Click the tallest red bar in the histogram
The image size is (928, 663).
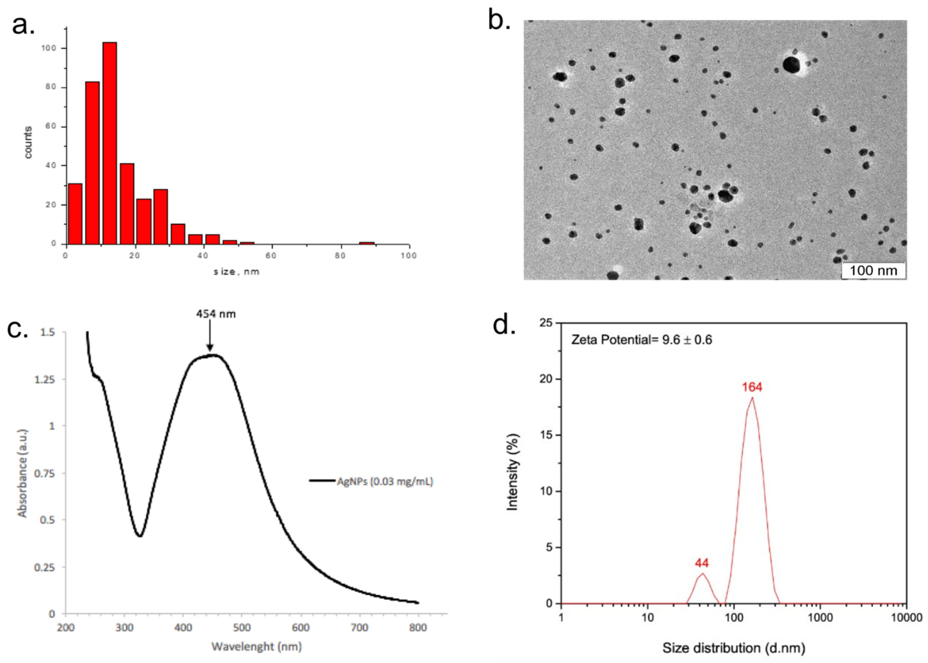pos(109,143)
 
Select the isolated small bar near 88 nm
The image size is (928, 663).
pos(366,243)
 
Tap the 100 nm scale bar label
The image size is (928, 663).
pos(873,270)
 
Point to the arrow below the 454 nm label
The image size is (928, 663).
pos(210,336)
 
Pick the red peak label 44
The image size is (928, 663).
pos(702,563)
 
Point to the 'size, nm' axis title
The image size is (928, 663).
pos(236,271)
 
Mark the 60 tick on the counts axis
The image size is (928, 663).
pos(51,127)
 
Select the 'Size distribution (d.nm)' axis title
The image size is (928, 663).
pos(733,648)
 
